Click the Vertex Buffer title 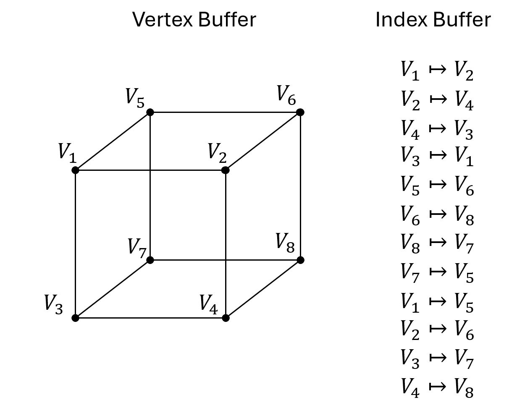[x=194, y=20]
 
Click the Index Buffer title [x=433, y=20]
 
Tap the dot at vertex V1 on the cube [x=75, y=170]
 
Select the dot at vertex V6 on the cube [x=300, y=112]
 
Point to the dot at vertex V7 [x=150, y=260]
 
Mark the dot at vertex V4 [x=226, y=318]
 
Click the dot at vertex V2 [x=225, y=170]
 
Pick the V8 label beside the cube [x=285, y=242]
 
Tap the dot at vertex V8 [x=300, y=260]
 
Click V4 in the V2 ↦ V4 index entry [x=464, y=101]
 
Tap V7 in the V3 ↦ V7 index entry [x=464, y=359]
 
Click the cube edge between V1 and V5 [x=113, y=141]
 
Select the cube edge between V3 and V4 [x=150, y=318]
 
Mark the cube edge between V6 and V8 [x=300, y=186]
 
